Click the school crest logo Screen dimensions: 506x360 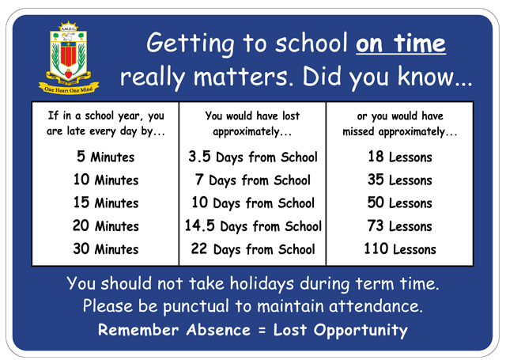[69, 58]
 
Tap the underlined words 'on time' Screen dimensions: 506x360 [401, 44]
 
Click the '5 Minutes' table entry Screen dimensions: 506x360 [105, 157]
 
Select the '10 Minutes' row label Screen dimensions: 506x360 [106, 180]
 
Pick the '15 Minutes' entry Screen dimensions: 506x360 [106, 203]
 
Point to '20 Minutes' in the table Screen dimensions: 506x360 [106, 225]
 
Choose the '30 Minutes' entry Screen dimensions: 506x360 [106, 249]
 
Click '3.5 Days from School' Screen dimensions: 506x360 [253, 157]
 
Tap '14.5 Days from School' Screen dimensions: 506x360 [253, 226]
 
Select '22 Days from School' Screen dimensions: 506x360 [253, 249]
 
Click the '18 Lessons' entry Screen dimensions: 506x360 [400, 157]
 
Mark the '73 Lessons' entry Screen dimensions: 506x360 [400, 225]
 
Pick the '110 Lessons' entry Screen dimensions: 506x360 [400, 249]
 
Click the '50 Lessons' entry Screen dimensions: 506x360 [400, 203]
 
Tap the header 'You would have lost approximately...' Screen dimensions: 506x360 [252, 124]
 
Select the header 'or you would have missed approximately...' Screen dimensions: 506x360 [400, 124]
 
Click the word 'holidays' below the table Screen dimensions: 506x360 [262, 284]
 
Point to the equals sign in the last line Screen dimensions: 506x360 [262, 330]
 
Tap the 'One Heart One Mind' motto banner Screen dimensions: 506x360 [69, 89]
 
